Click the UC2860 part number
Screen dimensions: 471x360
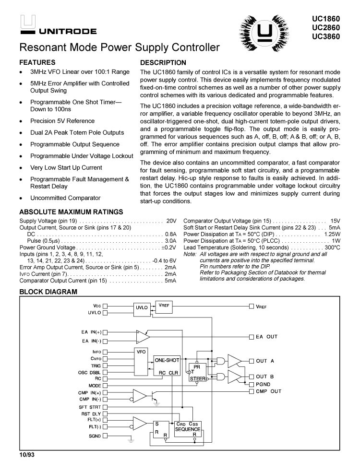[x=329, y=27]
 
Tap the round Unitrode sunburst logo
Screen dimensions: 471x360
[x=263, y=32]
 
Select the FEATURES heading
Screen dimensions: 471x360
[x=37, y=62]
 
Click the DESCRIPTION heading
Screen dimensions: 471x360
[x=163, y=62]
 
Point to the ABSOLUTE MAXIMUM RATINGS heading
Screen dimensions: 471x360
[x=72, y=212]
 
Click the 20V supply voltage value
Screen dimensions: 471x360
[x=171, y=221]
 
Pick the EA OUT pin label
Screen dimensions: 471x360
[x=266, y=337]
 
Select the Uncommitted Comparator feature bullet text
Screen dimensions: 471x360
[x=65, y=198]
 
